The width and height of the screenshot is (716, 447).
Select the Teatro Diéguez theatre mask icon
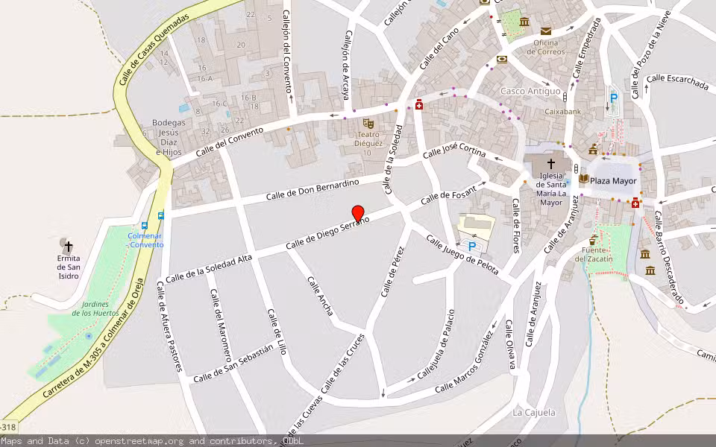(368, 124)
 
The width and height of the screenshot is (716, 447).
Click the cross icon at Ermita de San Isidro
(69, 245)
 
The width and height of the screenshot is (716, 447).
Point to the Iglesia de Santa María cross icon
(551, 164)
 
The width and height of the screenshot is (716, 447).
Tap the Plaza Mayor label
(613, 180)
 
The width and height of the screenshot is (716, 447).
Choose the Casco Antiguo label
(530, 91)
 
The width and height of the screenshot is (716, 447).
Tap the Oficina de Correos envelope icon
(546, 31)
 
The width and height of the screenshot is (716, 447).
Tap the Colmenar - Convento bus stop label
(145, 240)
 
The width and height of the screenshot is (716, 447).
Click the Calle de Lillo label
(276, 331)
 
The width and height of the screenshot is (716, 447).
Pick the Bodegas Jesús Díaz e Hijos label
(169, 137)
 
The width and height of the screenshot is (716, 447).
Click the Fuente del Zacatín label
(594, 254)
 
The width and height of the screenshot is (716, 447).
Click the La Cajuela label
(534, 412)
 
